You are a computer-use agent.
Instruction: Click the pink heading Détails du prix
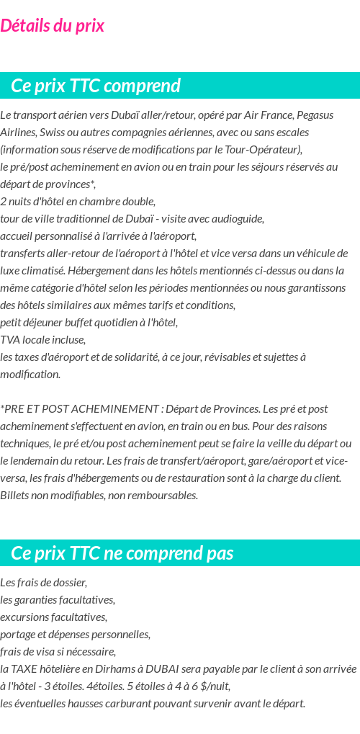53,26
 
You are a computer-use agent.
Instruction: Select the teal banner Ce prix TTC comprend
96,86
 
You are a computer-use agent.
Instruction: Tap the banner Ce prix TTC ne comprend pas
122,553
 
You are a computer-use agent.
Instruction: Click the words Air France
268,115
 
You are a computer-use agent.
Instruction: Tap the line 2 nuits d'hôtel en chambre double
78,201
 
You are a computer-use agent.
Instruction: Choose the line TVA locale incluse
43,339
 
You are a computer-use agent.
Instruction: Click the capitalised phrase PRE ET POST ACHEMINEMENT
81,408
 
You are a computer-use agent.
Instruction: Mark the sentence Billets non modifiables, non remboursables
99,495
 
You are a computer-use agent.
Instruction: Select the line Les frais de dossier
44,582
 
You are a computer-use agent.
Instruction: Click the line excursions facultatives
54,617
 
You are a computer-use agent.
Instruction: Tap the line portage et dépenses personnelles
76,634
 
